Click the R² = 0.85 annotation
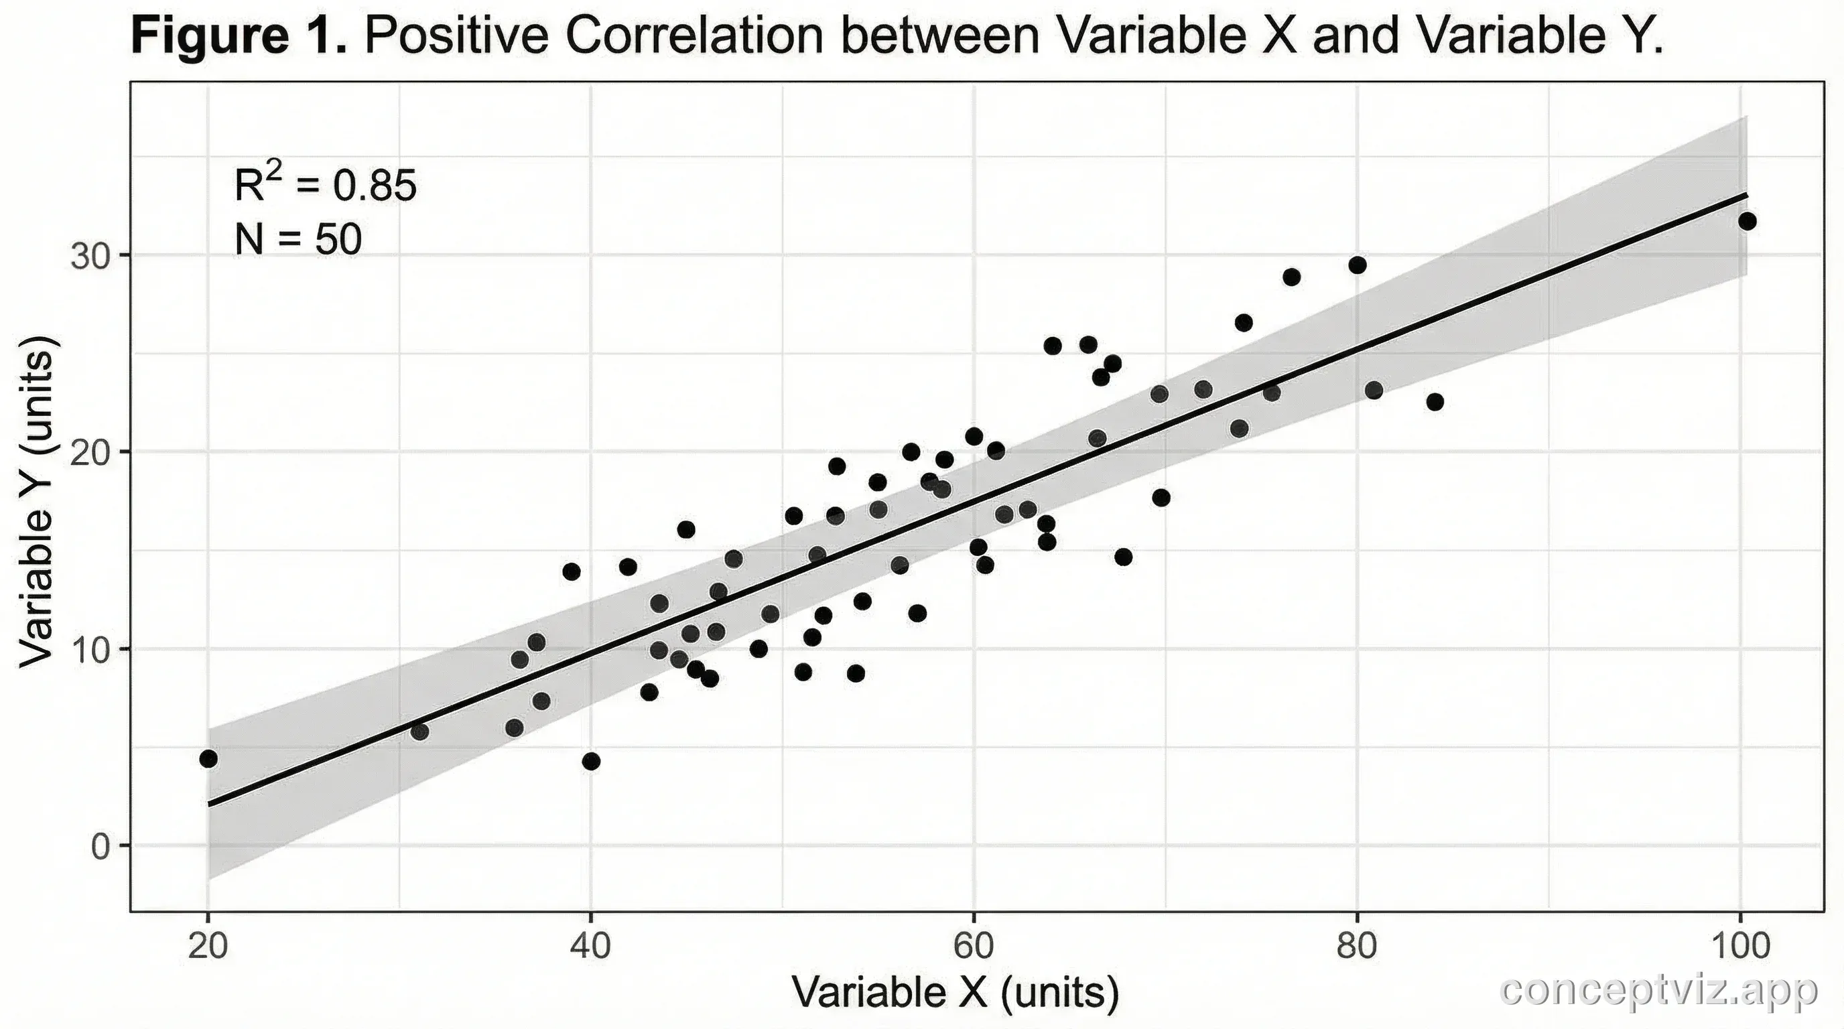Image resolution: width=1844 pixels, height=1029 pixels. [x=325, y=186]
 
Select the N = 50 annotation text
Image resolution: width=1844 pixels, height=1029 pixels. [x=298, y=240]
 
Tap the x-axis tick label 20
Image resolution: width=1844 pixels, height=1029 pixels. [x=208, y=947]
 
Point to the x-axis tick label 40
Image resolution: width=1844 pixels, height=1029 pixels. [x=590, y=947]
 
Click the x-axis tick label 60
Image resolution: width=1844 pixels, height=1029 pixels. [x=974, y=947]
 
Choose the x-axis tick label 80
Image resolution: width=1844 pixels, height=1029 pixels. [x=1356, y=947]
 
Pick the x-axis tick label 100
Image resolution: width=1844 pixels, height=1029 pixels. [x=1739, y=947]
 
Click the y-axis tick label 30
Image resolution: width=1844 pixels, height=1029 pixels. [x=91, y=256]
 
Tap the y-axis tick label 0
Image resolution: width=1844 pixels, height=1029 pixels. [x=101, y=847]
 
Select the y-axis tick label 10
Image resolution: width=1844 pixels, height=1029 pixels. [x=91, y=650]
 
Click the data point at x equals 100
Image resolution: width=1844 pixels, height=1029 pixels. [x=1748, y=221]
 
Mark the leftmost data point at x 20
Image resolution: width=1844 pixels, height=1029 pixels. [x=208, y=758]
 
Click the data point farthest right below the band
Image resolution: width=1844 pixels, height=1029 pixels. [x=1435, y=402]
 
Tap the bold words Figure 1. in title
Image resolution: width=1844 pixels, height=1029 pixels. [x=239, y=36]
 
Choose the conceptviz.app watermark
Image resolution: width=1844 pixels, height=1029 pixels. [x=1658, y=991]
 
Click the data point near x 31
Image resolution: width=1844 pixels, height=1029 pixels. [x=419, y=732]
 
